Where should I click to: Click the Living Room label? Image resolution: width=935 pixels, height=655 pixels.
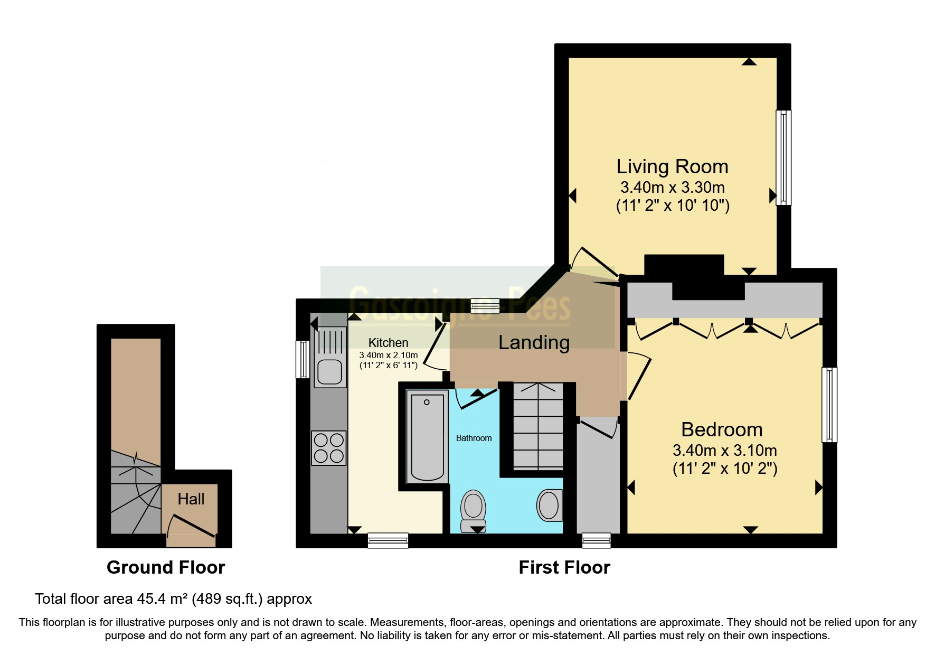click(x=672, y=167)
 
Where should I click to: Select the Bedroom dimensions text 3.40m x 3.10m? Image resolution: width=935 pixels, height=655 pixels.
click(x=724, y=451)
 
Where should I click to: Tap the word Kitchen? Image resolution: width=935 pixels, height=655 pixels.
click(x=388, y=343)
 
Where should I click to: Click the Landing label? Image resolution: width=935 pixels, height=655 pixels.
click(x=534, y=342)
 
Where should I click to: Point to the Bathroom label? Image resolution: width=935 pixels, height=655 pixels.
click(x=474, y=438)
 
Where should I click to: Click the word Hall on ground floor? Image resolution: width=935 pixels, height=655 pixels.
click(x=191, y=499)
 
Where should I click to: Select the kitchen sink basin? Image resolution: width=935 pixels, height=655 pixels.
click(x=330, y=371)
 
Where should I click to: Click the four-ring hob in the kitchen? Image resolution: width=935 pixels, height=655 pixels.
click(x=328, y=448)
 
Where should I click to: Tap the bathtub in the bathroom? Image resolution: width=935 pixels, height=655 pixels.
click(x=427, y=436)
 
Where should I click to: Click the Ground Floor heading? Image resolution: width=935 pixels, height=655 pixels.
click(x=166, y=567)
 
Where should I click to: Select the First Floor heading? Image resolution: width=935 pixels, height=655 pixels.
click(x=564, y=567)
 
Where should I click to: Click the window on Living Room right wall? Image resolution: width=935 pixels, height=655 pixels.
click(x=783, y=157)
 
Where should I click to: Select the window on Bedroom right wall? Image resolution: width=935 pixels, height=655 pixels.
click(x=829, y=405)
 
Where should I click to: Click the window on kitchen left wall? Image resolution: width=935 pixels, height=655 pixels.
click(x=303, y=360)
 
